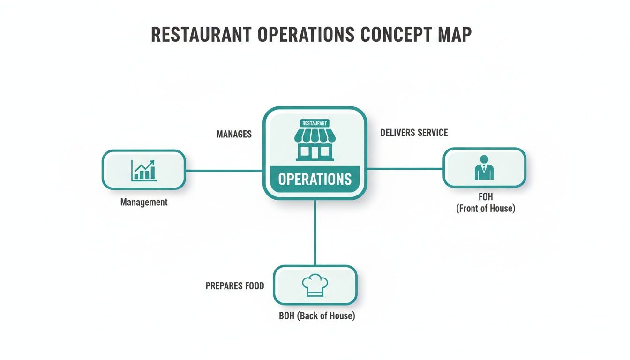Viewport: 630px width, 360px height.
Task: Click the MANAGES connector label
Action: point(234,135)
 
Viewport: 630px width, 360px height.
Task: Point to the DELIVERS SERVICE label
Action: point(414,133)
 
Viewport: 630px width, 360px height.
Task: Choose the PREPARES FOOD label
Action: point(235,285)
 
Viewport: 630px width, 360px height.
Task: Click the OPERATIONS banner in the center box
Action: point(315,179)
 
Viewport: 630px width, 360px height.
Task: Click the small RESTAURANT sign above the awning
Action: point(315,123)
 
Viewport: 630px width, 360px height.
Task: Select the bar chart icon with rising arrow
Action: point(143,170)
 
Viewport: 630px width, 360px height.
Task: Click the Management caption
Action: point(144,202)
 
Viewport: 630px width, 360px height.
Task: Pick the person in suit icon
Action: point(484,167)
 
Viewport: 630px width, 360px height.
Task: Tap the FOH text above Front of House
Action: point(486,197)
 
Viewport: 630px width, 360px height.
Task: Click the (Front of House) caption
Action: point(486,209)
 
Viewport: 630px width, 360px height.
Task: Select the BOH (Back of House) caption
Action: point(317,316)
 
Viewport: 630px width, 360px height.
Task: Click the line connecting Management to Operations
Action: point(224,171)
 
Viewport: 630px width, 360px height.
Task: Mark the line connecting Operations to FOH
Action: point(405,169)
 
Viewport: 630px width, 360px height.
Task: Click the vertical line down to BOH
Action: point(315,232)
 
